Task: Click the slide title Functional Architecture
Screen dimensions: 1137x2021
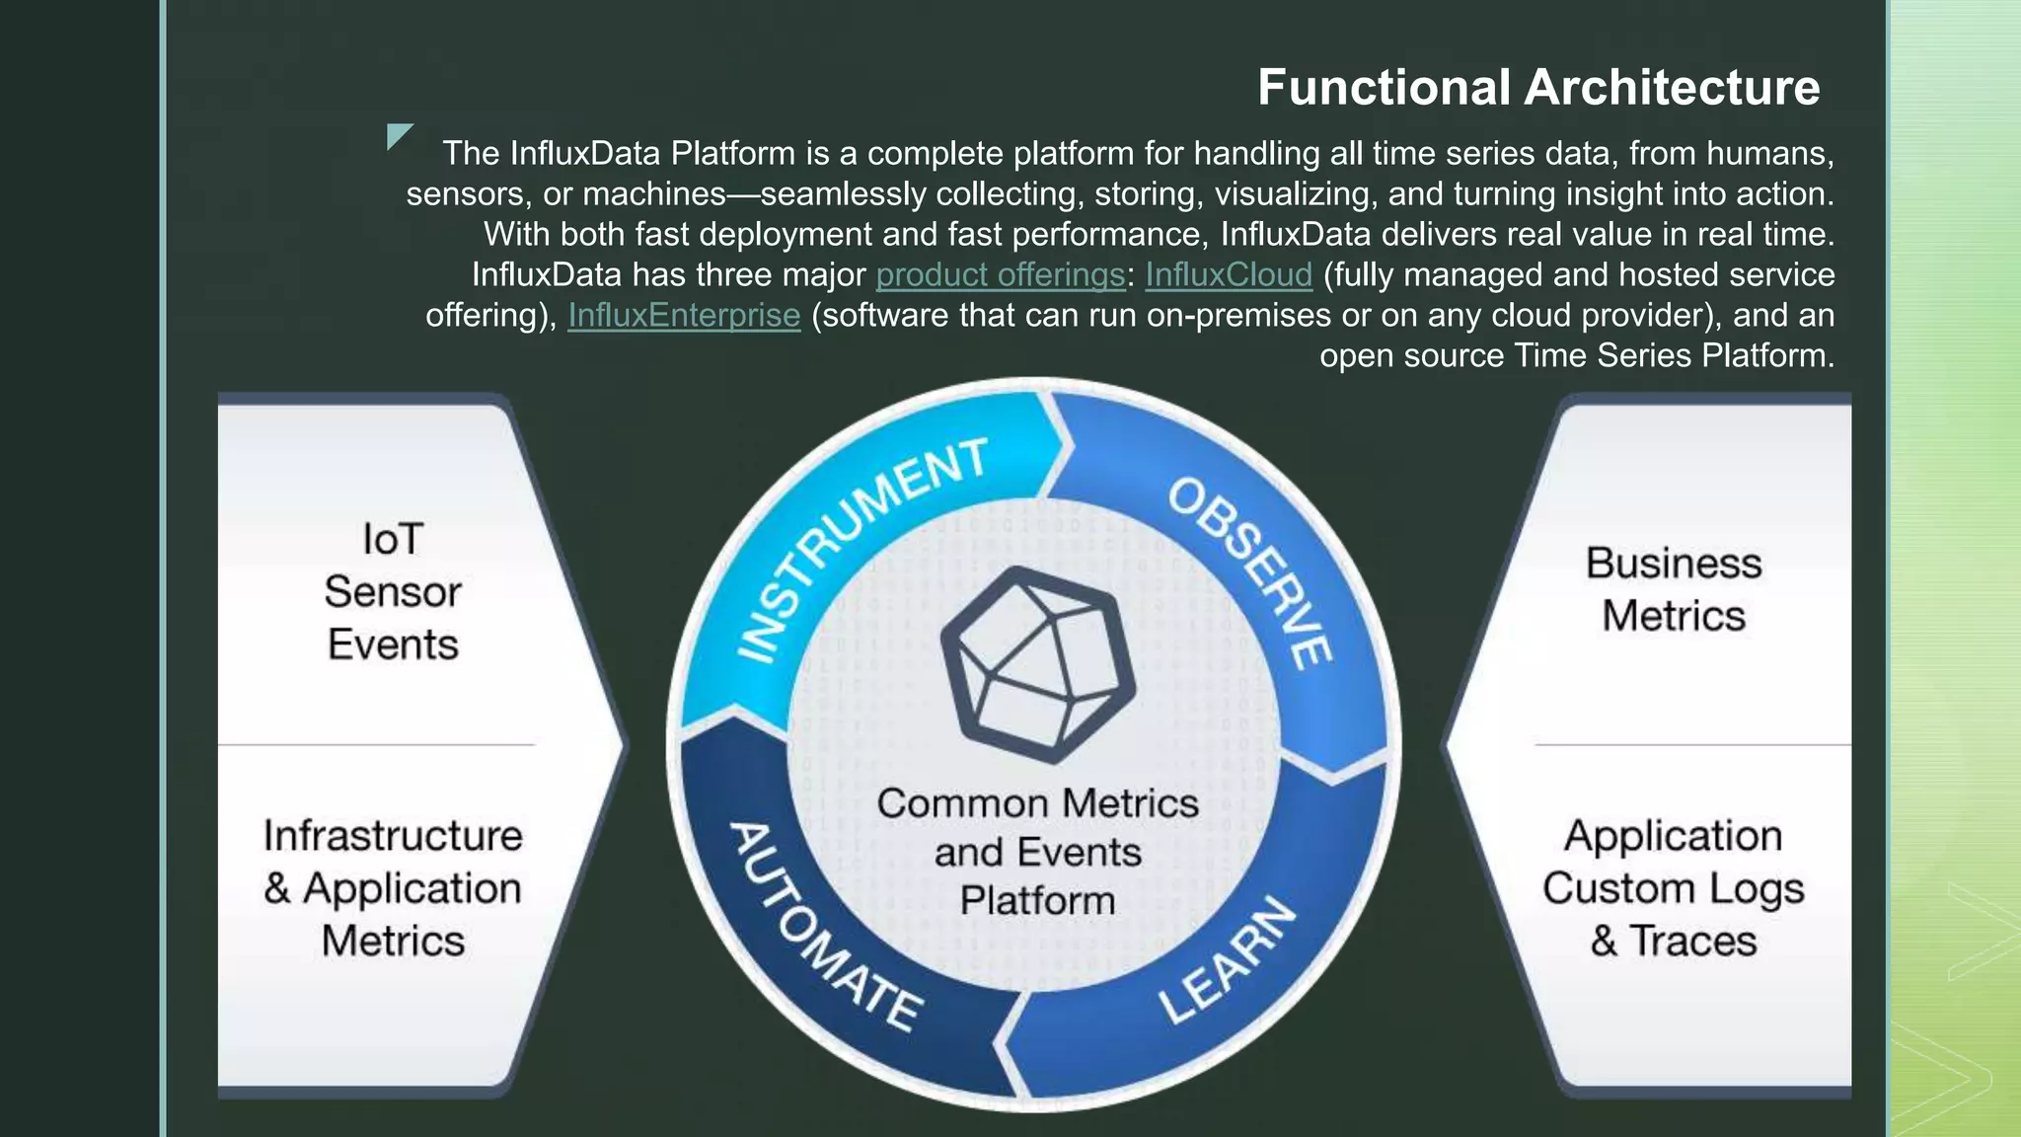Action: pyautogui.click(x=1537, y=87)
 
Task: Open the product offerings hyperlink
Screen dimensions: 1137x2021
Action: pyautogui.click(x=1000, y=274)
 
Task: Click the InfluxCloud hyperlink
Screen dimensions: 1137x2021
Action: pyautogui.click(x=1228, y=274)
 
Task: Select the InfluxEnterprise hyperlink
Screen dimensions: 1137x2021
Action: pyautogui.click(x=684, y=315)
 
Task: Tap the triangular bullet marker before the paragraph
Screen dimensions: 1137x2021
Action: pyautogui.click(x=398, y=135)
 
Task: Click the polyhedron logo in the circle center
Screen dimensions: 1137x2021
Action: pyautogui.click(x=1037, y=664)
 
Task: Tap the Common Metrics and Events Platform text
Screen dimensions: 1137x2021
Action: pyautogui.click(x=1037, y=852)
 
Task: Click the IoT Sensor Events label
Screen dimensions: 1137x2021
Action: pyautogui.click(x=393, y=591)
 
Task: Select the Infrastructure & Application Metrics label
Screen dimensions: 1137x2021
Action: pyautogui.click(x=393, y=887)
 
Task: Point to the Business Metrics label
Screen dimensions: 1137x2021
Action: pyautogui.click(x=1673, y=589)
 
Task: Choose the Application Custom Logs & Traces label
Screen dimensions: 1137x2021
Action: pyautogui.click(x=1673, y=887)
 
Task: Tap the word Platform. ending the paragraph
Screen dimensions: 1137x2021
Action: pyautogui.click(x=1767, y=355)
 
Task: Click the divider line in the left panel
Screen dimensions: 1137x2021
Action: pyautogui.click(x=376, y=744)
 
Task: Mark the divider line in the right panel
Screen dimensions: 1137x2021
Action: pyautogui.click(x=1691, y=744)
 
